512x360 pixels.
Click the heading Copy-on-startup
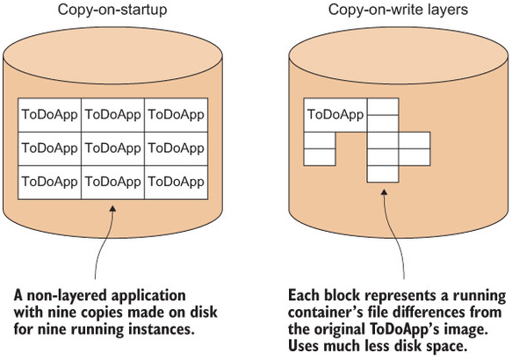(113, 10)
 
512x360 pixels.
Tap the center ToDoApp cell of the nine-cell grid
(112, 148)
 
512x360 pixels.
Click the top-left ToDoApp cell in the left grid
(49, 115)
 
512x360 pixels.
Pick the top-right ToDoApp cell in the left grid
(176, 115)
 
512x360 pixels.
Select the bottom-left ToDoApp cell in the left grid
(49, 182)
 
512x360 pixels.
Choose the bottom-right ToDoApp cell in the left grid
(176, 182)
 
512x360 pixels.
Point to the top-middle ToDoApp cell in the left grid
(112, 115)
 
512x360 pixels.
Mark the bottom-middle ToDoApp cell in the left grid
(112, 182)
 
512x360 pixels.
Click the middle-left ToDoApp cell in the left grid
(49, 148)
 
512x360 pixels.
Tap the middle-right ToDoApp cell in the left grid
(176, 148)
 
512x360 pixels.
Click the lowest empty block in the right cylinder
(382, 172)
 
